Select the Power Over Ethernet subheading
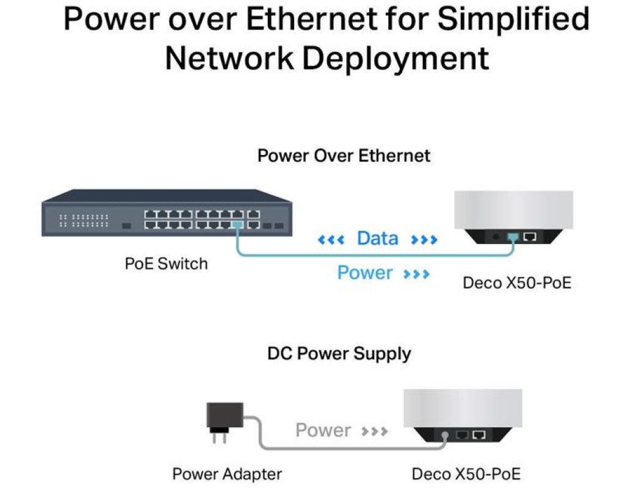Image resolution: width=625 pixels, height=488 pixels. pos(344,156)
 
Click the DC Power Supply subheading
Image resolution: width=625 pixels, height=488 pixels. pos(339,353)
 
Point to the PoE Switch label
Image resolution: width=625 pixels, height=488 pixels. pos(166,264)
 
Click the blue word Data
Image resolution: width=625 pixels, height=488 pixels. pos(377,239)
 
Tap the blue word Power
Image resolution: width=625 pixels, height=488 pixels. pos(365,273)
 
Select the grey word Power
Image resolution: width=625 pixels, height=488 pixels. pos(323,431)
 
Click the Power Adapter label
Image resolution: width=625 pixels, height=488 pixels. pos(227,474)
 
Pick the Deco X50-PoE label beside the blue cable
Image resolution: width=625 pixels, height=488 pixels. pos(517,283)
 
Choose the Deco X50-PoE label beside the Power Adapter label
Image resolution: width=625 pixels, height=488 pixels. pos(467,474)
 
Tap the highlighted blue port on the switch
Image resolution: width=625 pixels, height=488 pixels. pos(237,225)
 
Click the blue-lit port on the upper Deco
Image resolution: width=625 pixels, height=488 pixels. pos(512,235)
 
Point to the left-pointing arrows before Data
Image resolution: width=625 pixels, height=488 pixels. pos(331,240)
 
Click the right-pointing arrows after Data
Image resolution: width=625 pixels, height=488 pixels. pos(424,240)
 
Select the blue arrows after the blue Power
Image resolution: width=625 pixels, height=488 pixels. pos(416,274)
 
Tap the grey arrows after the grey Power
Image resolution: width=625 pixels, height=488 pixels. pos(374,432)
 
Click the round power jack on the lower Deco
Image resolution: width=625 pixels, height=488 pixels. pos(446,436)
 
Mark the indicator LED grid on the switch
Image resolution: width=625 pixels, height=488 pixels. pos(84,220)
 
